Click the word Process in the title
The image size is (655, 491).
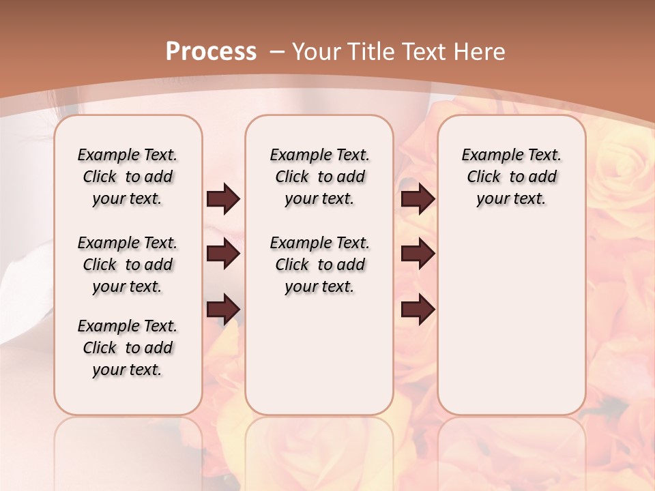[212, 51]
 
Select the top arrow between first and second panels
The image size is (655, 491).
[223, 198]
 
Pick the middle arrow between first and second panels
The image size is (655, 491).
[223, 254]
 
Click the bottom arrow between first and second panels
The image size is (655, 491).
[223, 309]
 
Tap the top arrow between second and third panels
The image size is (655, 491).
[418, 198]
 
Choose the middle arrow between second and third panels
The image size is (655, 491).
[418, 254]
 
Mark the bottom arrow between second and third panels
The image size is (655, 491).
[418, 309]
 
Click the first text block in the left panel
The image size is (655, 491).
[128, 177]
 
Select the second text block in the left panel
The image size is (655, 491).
[128, 265]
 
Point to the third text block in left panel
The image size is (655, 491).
[128, 348]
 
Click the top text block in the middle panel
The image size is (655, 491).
[319, 177]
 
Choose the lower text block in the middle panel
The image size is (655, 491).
[319, 265]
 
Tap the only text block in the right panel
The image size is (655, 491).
[512, 177]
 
